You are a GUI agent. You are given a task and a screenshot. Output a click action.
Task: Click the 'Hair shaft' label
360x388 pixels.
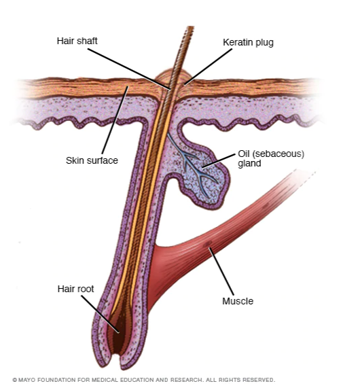point(77,41)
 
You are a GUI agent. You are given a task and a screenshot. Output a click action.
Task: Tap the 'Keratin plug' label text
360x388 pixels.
point(248,42)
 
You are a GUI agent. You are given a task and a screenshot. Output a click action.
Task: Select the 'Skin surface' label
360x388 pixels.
point(92,160)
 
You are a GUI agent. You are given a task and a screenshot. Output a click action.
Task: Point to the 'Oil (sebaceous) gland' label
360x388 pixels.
point(271,158)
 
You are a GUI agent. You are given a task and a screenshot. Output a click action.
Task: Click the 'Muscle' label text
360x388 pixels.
point(238,301)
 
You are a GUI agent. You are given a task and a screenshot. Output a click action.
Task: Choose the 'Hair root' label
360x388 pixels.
point(75,289)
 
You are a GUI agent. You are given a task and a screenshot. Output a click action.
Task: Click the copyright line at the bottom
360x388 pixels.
point(143,380)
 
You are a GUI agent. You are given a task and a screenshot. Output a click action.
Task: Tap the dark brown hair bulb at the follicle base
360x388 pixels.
point(118,334)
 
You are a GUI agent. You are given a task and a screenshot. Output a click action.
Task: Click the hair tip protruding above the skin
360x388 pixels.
point(190,28)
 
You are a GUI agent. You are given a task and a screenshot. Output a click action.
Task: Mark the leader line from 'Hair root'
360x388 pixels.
point(100,314)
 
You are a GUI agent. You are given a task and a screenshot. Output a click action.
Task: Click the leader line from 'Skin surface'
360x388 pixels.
point(115,120)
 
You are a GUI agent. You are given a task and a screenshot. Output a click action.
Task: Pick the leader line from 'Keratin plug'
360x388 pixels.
point(209,67)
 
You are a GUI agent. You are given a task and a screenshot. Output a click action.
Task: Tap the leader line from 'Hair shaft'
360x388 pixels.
point(129,69)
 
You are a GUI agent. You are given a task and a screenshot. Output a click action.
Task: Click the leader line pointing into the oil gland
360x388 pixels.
point(219,160)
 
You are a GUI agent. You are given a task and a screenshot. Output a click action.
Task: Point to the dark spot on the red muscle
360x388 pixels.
point(207,244)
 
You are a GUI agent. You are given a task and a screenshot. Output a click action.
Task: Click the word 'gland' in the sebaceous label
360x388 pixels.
point(249,164)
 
